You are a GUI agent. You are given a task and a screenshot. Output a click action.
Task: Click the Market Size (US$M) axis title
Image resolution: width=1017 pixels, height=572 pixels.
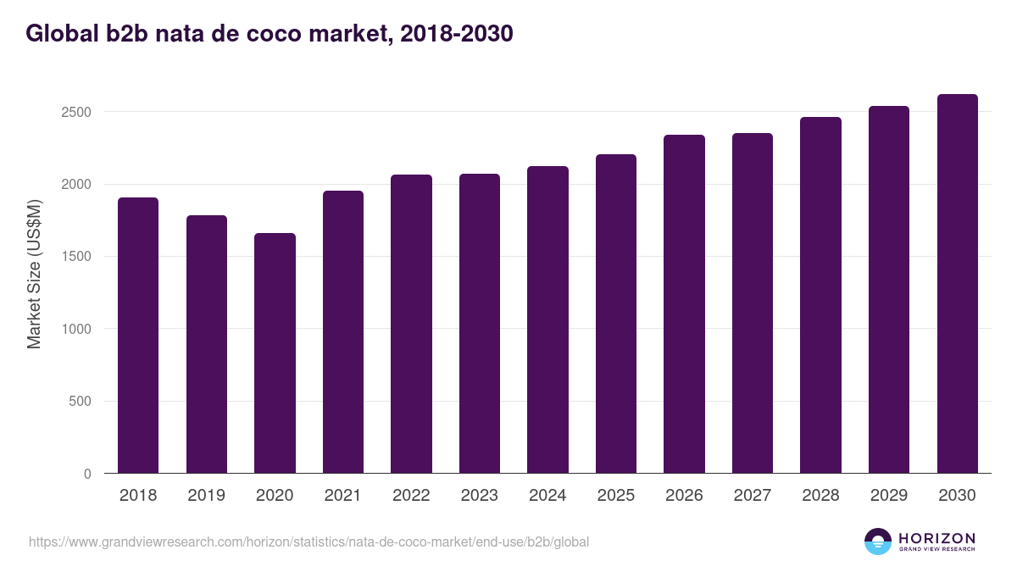tap(34, 273)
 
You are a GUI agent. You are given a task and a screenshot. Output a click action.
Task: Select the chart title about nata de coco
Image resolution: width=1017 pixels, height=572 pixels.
tap(270, 34)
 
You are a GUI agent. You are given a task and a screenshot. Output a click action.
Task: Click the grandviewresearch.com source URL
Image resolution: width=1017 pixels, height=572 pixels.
tap(308, 541)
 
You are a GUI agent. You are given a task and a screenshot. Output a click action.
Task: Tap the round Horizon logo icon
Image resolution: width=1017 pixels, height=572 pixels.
tap(878, 541)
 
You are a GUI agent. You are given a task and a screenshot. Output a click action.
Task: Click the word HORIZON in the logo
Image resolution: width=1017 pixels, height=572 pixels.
tap(936, 538)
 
